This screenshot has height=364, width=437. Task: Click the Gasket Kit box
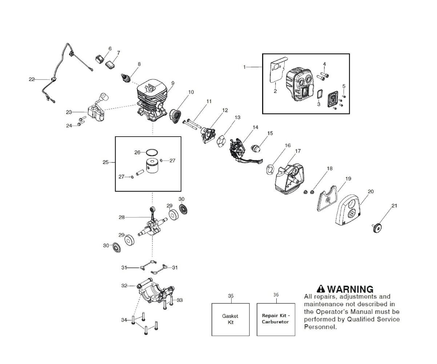[230, 319]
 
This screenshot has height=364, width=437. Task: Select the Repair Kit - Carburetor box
[275, 319]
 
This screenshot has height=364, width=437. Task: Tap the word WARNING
[350, 289]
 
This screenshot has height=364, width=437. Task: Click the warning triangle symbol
[321, 289]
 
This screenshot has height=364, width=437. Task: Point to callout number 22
[32, 79]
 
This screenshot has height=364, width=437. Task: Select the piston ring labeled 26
[151, 152]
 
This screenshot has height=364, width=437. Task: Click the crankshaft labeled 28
[152, 223]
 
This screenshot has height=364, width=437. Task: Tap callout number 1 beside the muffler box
[245, 67]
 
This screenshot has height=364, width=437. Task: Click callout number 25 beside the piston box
[105, 162]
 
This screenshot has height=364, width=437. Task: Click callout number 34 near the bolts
[124, 320]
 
